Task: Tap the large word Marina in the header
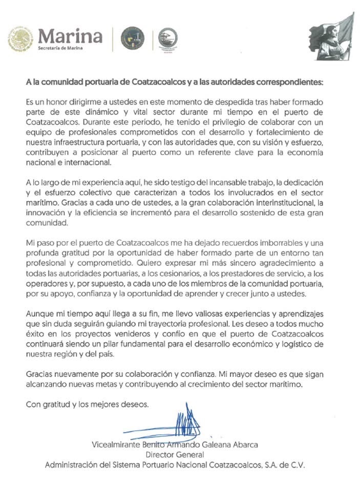pyautogui.click(x=70, y=36)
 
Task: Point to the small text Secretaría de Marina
pyautogui.click(x=59, y=48)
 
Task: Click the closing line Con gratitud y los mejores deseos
pyautogui.click(x=88, y=405)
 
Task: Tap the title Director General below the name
pyautogui.click(x=175, y=454)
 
